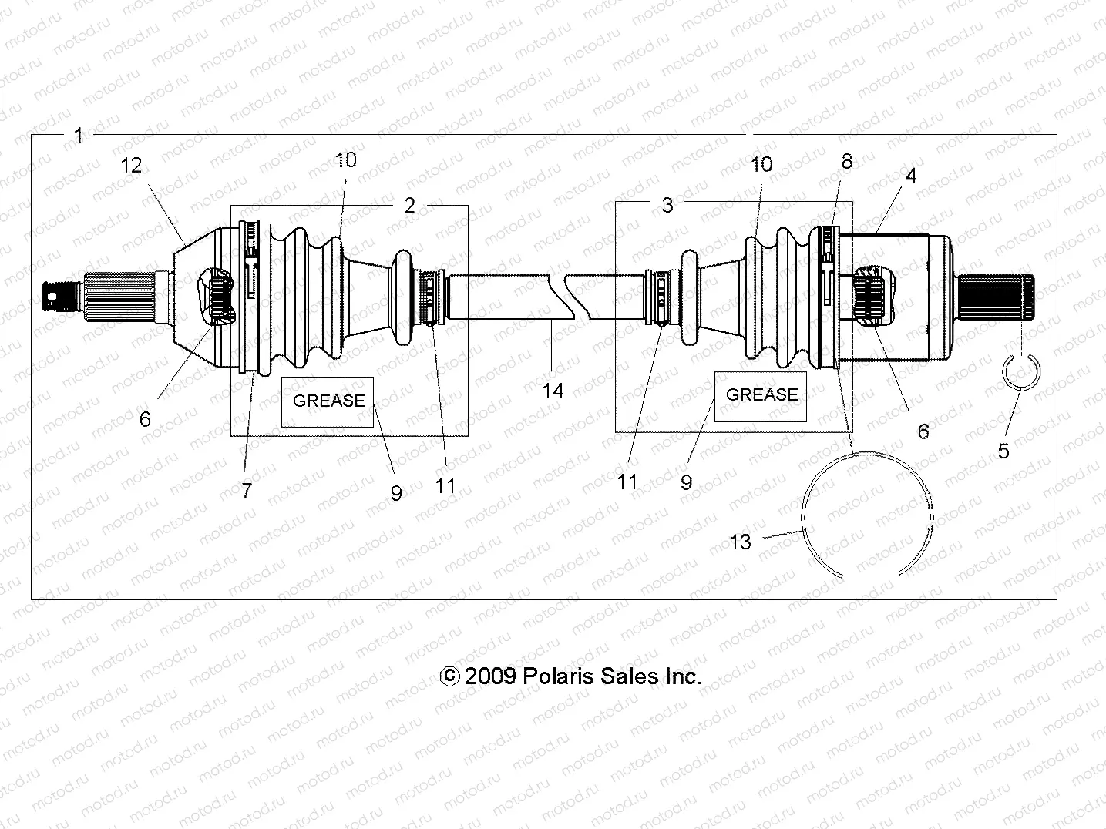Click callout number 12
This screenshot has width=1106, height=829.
click(133, 165)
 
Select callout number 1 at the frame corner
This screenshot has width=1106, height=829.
click(78, 136)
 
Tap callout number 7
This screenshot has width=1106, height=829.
click(247, 491)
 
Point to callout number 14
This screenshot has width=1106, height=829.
click(553, 391)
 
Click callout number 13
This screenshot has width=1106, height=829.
click(740, 542)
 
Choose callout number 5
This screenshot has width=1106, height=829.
click(1003, 451)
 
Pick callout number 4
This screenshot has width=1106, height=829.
click(911, 176)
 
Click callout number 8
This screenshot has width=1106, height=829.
click(847, 162)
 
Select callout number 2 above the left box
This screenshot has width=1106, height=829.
click(409, 205)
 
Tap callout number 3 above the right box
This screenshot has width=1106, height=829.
click(667, 205)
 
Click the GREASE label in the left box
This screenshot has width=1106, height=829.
click(328, 401)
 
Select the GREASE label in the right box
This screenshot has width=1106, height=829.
click(761, 394)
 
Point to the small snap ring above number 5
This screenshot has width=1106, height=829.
click(1021, 373)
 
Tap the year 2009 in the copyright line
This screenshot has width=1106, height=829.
click(490, 676)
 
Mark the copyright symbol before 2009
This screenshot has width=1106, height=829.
click(449, 676)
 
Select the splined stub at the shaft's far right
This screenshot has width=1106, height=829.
click(998, 298)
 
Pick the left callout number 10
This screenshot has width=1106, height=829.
click(346, 159)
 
